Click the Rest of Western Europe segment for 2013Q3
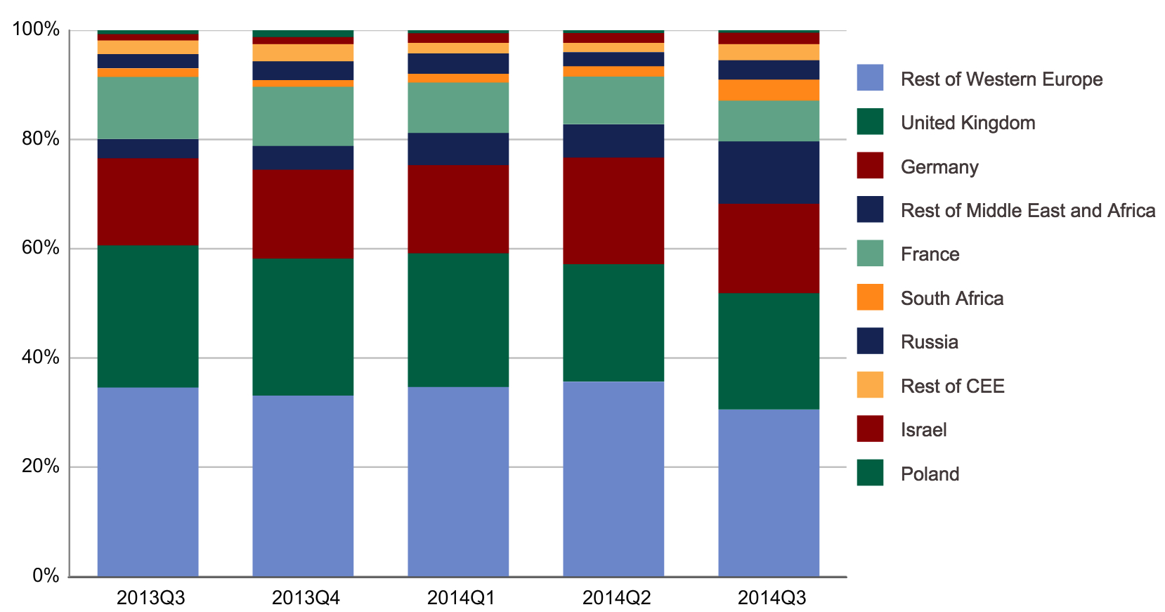click(x=148, y=481)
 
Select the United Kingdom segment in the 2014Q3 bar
click(x=769, y=351)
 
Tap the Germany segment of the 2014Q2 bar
click(x=613, y=211)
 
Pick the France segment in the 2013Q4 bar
click(x=303, y=116)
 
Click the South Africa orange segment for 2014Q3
click(x=769, y=90)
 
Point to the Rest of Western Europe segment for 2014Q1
click(x=458, y=481)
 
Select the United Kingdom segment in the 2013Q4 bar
click(x=303, y=327)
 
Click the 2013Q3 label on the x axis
click(x=150, y=598)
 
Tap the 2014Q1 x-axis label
click(x=461, y=598)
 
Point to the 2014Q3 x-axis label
click(x=772, y=598)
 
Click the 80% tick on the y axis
click(x=40, y=139)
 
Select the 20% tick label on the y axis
click(x=40, y=467)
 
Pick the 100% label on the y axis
click(x=36, y=30)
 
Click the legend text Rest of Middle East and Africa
click(x=1027, y=211)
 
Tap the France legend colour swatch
click(x=870, y=254)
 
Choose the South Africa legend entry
click(x=951, y=299)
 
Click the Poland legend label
click(x=930, y=474)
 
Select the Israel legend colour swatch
click(x=870, y=429)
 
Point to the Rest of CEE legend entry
click(x=952, y=386)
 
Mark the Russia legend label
click(x=929, y=342)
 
